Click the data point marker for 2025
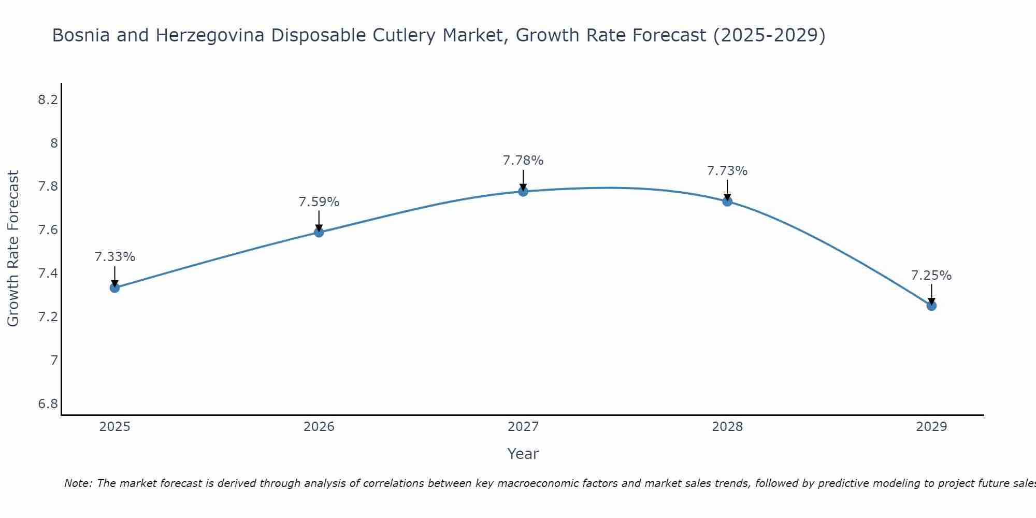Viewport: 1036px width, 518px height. (x=115, y=287)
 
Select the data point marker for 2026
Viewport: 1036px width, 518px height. (x=319, y=232)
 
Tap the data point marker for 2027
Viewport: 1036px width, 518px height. (x=523, y=191)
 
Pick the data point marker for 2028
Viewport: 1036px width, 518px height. (x=727, y=202)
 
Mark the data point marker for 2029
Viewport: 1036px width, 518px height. (x=931, y=306)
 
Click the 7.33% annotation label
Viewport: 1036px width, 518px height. (x=115, y=257)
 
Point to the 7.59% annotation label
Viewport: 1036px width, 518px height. (x=319, y=202)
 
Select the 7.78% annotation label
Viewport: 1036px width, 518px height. (x=523, y=161)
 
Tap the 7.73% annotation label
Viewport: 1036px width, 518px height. (x=727, y=171)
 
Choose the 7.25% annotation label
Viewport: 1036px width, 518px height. (x=931, y=276)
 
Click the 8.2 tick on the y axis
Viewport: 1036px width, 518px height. (x=48, y=100)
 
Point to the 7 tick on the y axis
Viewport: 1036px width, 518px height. (x=54, y=360)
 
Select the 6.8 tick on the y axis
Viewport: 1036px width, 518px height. (x=48, y=404)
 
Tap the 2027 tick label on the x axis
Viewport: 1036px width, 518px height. (x=523, y=427)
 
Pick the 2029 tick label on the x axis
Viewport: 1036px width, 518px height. (x=931, y=427)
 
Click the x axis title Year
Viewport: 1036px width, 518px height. (x=523, y=454)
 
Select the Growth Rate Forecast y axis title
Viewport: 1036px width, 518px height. (x=13, y=249)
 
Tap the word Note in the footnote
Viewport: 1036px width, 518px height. (x=78, y=483)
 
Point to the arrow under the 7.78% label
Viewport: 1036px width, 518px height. (x=523, y=180)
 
